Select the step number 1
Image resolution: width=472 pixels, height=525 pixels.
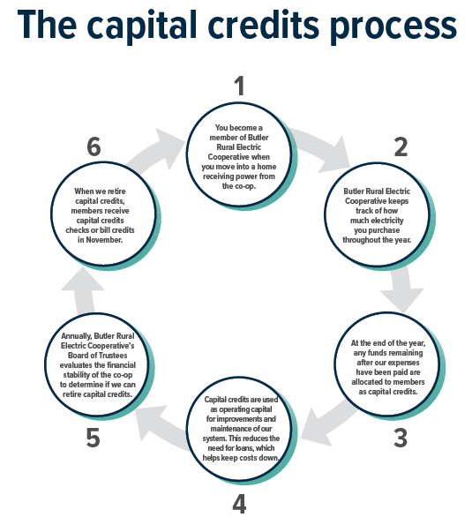click(x=237, y=86)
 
